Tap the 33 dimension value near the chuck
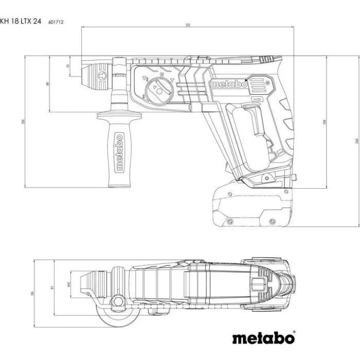tap(68, 66)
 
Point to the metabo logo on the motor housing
tap(228, 84)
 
